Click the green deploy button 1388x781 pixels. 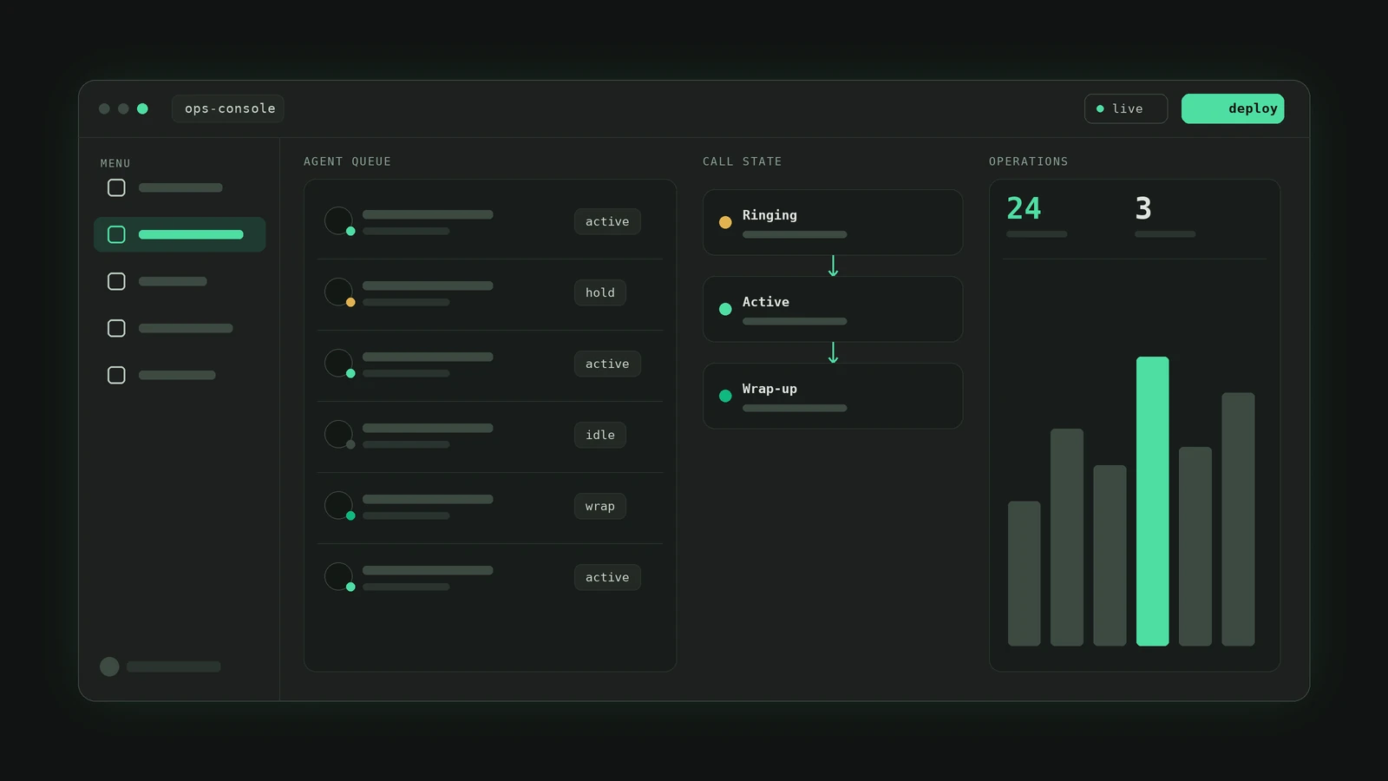click(x=1233, y=108)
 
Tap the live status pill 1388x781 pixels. click(x=1126, y=108)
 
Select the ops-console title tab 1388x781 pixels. click(x=228, y=108)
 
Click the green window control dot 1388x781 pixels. click(x=142, y=108)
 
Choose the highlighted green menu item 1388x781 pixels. click(x=180, y=234)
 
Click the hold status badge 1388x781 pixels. click(x=599, y=292)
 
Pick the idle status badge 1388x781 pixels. click(x=599, y=435)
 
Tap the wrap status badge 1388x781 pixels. click(x=599, y=506)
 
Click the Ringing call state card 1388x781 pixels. click(x=833, y=222)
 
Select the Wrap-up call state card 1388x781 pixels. click(x=833, y=396)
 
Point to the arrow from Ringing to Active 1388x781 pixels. click(x=833, y=266)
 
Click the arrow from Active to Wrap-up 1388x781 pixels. click(x=833, y=352)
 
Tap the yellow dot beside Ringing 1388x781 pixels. click(x=725, y=222)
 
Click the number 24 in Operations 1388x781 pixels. click(x=1024, y=208)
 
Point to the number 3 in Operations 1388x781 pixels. click(x=1143, y=208)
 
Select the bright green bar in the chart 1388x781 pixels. click(x=1153, y=501)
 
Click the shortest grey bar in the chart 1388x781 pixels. click(x=1025, y=574)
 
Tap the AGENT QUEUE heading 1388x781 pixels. click(x=347, y=161)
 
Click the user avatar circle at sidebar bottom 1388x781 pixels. click(x=109, y=666)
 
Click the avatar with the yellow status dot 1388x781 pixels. click(x=338, y=292)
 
